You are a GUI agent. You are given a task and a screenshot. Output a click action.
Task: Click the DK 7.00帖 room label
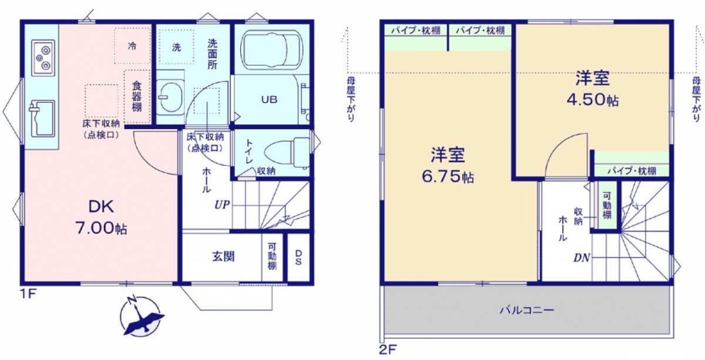tap(101, 217)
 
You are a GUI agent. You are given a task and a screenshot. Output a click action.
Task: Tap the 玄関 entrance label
tap(223, 257)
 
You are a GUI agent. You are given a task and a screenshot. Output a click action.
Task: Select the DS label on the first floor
tap(298, 257)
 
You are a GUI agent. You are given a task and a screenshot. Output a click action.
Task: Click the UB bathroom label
tap(270, 99)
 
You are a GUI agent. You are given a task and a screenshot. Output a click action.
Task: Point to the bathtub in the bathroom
tap(271, 50)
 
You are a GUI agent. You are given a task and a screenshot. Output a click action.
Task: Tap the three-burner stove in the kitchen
tap(43, 58)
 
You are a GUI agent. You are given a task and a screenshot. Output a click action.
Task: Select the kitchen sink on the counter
tap(42, 118)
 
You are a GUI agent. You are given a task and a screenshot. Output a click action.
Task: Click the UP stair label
tap(222, 205)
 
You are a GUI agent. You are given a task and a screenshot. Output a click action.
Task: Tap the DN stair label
tap(581, 258)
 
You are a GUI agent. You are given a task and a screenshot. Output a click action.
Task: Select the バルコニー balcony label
tap(527, 311)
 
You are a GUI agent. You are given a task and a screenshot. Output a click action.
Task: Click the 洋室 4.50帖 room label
tap(593, 89)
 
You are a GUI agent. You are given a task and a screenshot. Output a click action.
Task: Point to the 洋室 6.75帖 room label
tap(448, 165)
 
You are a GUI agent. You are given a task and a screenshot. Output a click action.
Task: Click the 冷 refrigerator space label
tap(132, 46)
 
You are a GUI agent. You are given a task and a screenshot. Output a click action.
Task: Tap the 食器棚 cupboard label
tap(136, 97)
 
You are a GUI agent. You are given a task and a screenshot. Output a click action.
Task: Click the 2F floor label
tap(388, 349)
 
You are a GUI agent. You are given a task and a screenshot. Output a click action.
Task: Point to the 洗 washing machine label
tap(177, 47)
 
